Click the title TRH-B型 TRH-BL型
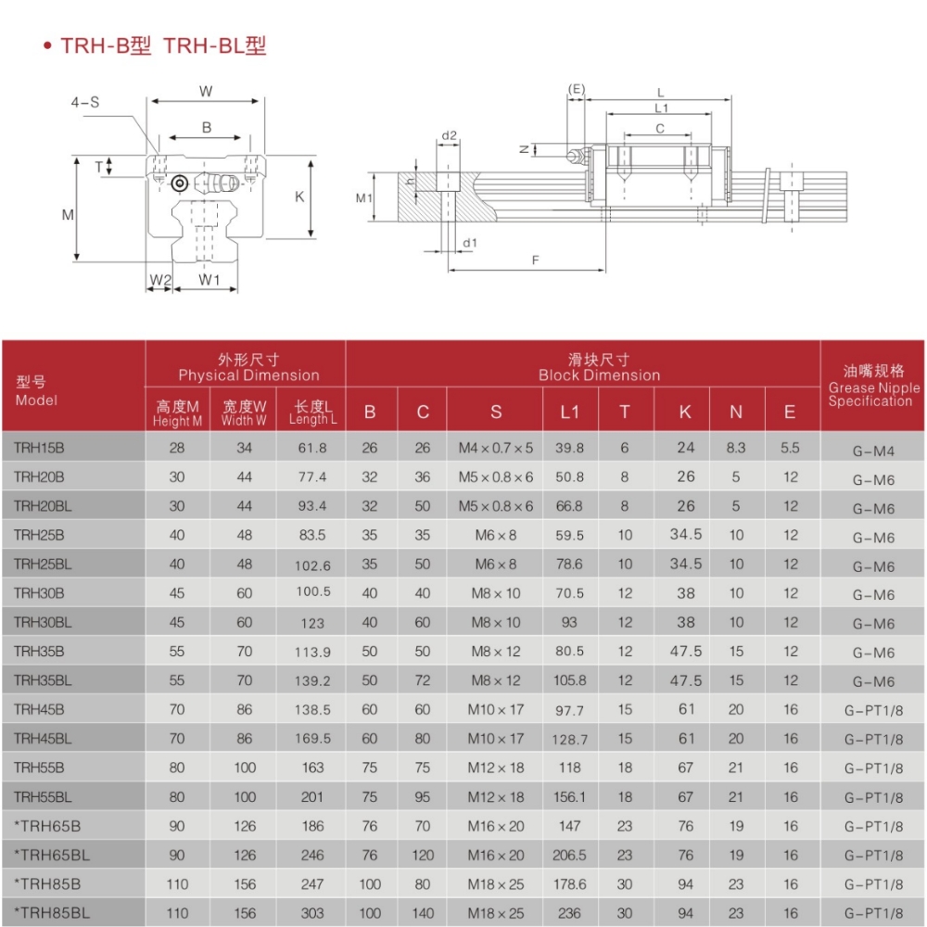pyautogui.click(x=163, y=46)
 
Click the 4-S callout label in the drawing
pyautogui.click(x=85, y=103)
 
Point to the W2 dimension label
pyautogui.click(x=160, y=279)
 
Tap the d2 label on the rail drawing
pyautogui.click(x=449, y=135)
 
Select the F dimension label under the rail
pyautogui.click(x=536, y=260)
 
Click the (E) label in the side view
pyautogui.click(x=577, y=89)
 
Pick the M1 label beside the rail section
pyautogui.click(x=363, y=197)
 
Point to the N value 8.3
pyautogui.click(x=736, y=448)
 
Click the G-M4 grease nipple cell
pyautogui.click(x=871, y=451)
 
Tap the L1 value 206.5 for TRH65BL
pyautogui.click(x=569, y=855)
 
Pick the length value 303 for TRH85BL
pyautogui.click(x=312, y=913)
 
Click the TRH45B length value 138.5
pyautogui.click(x=312, y=709)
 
